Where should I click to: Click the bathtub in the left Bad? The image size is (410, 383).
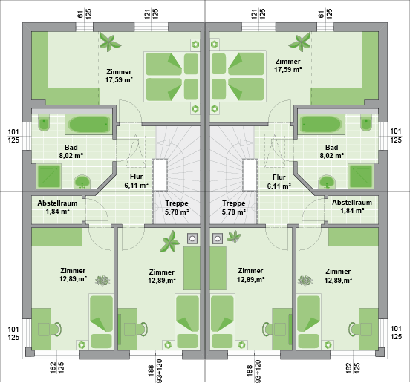pyautogui.click(x=88, y=125)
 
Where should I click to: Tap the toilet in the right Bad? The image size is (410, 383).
pyautogui.click(x=366, y=123)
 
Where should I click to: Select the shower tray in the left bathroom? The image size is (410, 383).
pyautogui.click(x=49, y=177)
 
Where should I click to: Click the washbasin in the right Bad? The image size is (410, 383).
pyautogui.click(x=327, y=182)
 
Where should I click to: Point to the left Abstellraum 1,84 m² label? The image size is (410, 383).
pyautogui.click(x=57, y=207)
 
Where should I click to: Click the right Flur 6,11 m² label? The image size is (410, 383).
pyautogui.click(x=279, y=182)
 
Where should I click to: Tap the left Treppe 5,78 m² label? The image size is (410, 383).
pyautogui.click(x=177, y=207)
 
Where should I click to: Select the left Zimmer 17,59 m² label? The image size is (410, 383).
pyautogui.click(x=119, y=76)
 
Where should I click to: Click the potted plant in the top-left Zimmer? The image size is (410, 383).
pyautogui.click(x=110, y=42)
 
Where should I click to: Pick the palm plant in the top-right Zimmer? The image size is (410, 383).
pyautogui.click(x=300, y=42)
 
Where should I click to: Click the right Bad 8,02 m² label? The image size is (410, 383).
pyautogui.click(x=331, y=151)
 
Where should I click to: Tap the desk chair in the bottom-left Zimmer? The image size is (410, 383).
pyautogui.click(x=56, y=329)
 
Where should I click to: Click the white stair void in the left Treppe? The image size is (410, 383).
pyautogui.click(x=160, y=174)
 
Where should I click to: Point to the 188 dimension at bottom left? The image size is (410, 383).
pyautogui.click(x=151, y=370)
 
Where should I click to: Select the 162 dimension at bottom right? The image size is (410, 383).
pyautogui.click(x=349, y=368)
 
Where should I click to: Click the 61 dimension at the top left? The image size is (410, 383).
pyautogui.click(x=80, y=14)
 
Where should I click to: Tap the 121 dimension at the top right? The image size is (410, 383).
pyautogui.click(x=254, y=13)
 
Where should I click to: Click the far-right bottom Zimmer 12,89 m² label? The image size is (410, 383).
pyautogui.click(x=338, y=276)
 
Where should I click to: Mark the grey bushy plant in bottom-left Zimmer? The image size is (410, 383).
pyautogui.click(x=102, y=281)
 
